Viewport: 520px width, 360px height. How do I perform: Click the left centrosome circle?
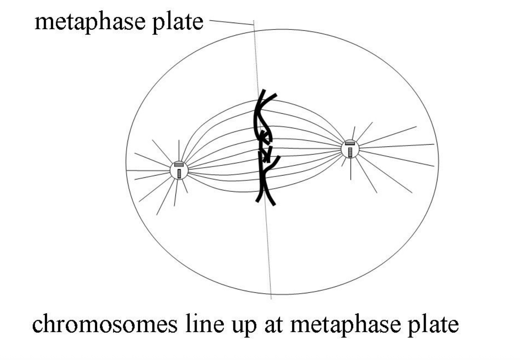pyautogui.click(x=179, y=170)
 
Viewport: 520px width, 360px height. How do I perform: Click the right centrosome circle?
pyautogui.click(x=350, y=149)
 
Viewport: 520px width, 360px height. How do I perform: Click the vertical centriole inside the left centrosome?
pyautogui.click(x=179, y=173)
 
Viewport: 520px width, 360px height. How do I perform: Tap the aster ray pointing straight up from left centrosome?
pyautogui.click(x=179, y=150)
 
